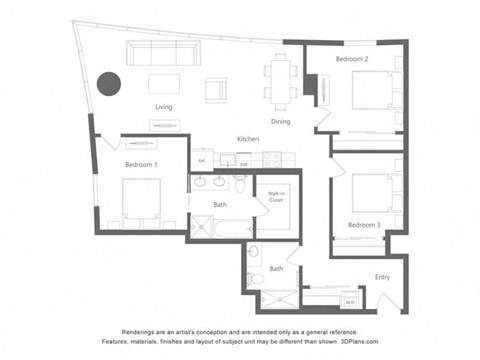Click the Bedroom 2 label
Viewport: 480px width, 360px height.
352,60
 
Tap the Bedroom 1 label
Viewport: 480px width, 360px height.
141,163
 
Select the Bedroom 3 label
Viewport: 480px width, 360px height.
364,225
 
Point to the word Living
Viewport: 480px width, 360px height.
165,107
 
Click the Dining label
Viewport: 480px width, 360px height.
280,122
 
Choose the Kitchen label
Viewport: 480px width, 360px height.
248,138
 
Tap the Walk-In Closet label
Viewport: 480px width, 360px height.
275,198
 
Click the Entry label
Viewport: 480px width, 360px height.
383,277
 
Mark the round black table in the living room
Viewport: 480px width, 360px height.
109,84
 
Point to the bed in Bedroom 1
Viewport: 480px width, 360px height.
140,200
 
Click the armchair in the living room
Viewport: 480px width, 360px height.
216,89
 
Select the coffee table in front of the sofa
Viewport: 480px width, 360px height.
164,83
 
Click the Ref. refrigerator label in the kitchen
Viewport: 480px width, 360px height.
202,160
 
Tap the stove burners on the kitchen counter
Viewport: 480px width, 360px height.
273,158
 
